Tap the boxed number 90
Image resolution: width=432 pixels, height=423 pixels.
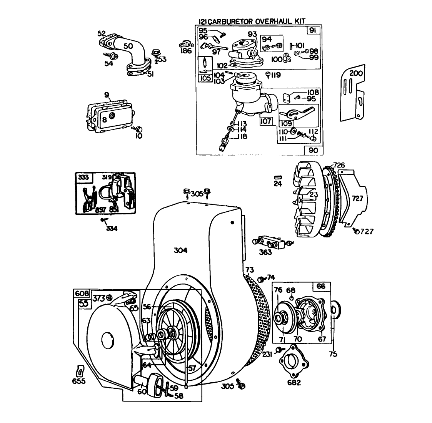[x=314, y=150]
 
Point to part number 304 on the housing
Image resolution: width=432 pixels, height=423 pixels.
[x=180, y=250]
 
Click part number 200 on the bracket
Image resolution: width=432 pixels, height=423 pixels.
[x=356, y=73]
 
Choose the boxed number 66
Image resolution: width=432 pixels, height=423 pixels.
[x=320, y=287]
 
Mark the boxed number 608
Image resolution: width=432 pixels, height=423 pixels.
[x=81, y=294]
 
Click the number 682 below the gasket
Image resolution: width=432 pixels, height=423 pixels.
[x=294, y=382]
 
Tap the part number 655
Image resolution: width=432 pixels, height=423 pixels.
[x=79, y=381]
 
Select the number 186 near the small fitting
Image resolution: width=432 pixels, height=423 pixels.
[x=187, y=51]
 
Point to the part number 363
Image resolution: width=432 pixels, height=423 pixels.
[x=265, y=252]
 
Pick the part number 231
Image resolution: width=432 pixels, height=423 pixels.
[x=268, y=354]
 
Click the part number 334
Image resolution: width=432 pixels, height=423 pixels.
[x=112, y=228]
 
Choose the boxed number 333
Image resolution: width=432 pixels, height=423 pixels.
[x=83, y=177]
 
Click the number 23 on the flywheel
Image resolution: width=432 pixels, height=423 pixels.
[x=314, y=195]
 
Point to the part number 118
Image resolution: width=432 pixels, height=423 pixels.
[x=242, y=136]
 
